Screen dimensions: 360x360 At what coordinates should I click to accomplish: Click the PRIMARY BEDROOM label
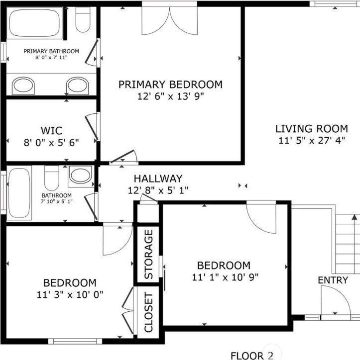coord(170,85)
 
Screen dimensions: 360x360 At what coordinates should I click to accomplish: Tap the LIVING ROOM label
coord(312,129)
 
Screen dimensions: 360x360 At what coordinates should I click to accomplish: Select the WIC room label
coord(52,131)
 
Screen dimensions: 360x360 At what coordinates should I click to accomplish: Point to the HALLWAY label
coord(158,179)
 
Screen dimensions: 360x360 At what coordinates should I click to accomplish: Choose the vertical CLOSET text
coord(148,312)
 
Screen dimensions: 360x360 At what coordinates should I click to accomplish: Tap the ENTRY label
coord(333,280)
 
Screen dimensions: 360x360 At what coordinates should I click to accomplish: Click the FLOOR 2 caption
coord(252,355)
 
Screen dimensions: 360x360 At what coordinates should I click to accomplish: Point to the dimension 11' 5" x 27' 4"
coord(312,141)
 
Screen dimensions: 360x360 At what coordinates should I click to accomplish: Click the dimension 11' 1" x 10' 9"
coord(226,277)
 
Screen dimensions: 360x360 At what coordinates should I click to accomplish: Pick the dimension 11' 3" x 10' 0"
coord(70,294)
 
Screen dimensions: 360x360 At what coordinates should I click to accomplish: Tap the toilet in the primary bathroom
coord(82,18)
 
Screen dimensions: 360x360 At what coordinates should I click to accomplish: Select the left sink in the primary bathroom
coord(23,85)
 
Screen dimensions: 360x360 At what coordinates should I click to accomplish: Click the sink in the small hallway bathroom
coord(80,175)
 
